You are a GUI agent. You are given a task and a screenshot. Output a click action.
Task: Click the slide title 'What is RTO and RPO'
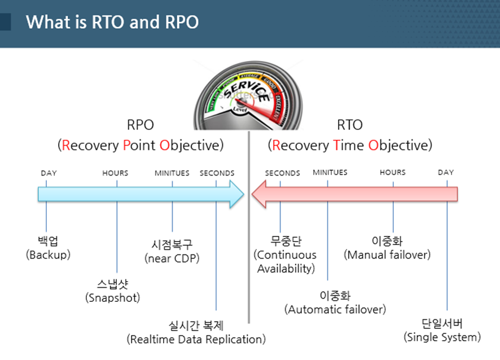click(x=112, y=23)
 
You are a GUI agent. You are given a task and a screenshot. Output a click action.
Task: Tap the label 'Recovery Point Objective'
click(x=141, y=145)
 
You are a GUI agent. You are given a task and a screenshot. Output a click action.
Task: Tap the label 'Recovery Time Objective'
click(x=350, y=145)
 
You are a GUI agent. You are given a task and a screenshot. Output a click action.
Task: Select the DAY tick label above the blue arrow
click(x=49, y=173)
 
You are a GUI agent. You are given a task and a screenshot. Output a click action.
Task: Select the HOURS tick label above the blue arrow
click(x=115, y=173)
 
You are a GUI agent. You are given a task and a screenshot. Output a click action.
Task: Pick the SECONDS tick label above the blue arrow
click(x=217, y=173)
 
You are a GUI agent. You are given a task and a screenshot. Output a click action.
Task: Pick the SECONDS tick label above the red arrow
click(x=282, y=173)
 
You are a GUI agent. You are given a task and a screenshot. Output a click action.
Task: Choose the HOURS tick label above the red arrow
click(x=392, y=172)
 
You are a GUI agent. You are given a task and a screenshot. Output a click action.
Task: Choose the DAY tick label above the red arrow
click(x=446, y=172)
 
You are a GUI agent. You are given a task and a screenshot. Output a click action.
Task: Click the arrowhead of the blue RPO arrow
click(x=236, y=195)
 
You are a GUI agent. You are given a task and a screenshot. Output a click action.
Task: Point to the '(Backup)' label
click(x=48, y=255)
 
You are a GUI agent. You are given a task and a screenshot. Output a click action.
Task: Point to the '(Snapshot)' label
click(x=112, y=297)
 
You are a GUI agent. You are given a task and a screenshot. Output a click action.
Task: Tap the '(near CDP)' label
click(x=172, y=258)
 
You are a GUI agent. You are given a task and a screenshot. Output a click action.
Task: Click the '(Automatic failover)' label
click(x=335, y=309)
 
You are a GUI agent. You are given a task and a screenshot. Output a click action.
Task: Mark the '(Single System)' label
click(x=442, y=337)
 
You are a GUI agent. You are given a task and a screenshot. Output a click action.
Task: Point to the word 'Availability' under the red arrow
click(x=286, y=269)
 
